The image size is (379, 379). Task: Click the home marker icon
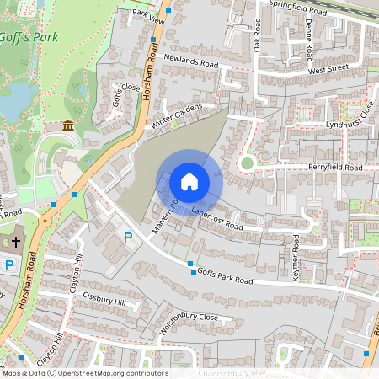[x=189, y=181]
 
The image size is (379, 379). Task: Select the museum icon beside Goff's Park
[x=67, y=126]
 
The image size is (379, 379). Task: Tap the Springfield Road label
[x=296, y=9]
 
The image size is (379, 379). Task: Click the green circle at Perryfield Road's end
[x=247, y=163]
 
